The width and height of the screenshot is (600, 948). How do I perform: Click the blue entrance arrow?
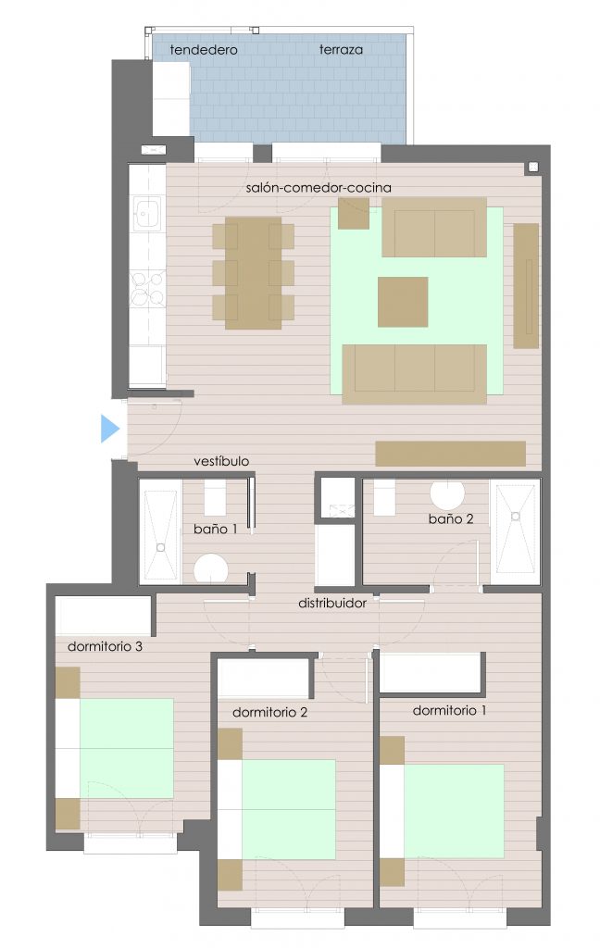[109, 429]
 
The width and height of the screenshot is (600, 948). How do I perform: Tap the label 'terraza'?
[341, 50]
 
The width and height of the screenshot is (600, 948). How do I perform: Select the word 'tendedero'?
[203, 50]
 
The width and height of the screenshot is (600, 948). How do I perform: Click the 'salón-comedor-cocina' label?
[319, 187]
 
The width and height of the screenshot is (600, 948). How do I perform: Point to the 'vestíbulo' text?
[221, 461]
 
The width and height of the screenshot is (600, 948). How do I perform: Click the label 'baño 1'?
[216, 529]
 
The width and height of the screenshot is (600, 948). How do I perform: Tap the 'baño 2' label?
[451, 518]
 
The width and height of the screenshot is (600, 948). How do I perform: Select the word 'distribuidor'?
[332, 603]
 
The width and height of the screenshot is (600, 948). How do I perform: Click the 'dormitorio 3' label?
[105, 646]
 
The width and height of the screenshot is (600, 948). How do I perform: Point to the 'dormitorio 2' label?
[269, 712]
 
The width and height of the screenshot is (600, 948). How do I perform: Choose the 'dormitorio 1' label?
[449, 710]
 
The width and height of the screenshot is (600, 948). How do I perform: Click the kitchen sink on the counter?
[147, 212]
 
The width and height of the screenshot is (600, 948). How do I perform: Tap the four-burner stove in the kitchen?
[147, 289]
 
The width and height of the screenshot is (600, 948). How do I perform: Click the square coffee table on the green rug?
[403, 302]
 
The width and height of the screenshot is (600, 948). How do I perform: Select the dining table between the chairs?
[254, 273]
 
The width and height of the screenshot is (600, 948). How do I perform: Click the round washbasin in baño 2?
[447, 493]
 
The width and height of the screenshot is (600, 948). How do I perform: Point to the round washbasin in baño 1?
[211, 569]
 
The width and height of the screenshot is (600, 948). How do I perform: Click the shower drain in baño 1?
[161, 547]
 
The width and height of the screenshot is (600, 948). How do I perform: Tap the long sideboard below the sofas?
[451, 454]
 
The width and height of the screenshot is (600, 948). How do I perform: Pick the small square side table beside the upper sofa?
[353, 214]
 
